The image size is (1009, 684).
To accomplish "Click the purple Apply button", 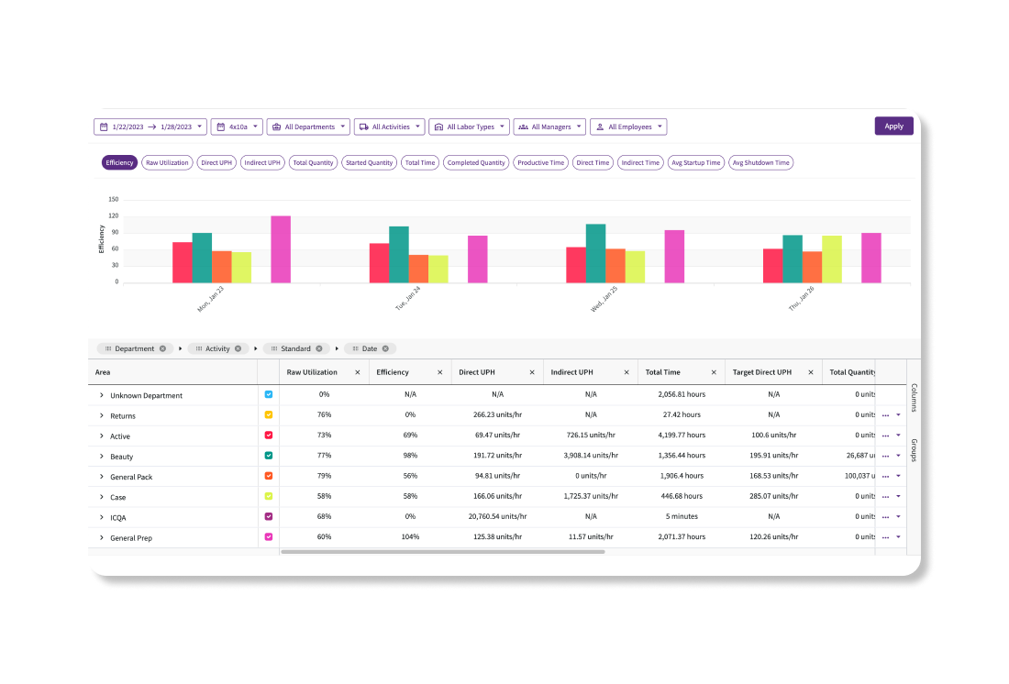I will [x=893, y=127].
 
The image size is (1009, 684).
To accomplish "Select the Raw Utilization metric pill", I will [x=167, y=162].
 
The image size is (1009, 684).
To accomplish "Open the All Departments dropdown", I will [x=307, y=127].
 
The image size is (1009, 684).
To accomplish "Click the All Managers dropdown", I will [x=549, y=127].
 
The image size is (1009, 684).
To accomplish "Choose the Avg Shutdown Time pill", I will [x=760, y=162].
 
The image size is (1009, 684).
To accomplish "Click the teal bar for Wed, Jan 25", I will [x=595, y=253].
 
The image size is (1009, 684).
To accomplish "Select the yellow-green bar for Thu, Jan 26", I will [x=831, y=259].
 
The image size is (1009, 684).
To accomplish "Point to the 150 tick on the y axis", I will [x=113, y=199].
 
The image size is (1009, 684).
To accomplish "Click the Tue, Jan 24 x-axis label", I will [x=408, y=299].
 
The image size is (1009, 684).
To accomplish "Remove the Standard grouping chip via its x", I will [x=320, y=348].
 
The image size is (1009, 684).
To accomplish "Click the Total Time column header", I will [x=663, y=372].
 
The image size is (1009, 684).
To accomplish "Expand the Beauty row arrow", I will [x=102, y=457].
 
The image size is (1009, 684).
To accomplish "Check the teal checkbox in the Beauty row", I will [x=269, y=456].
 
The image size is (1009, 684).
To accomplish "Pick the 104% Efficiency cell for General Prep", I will [x=410, y=537].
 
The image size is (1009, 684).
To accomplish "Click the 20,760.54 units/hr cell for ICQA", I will [x=497, y=517].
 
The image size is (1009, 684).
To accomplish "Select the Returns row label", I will [x=123, y=416].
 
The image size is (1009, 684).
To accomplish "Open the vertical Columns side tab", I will [x=914, y=398].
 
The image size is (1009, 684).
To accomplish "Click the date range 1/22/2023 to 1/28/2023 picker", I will [x=151, y=127].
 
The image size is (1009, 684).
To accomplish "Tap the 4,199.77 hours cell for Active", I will [x=682, y=436].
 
